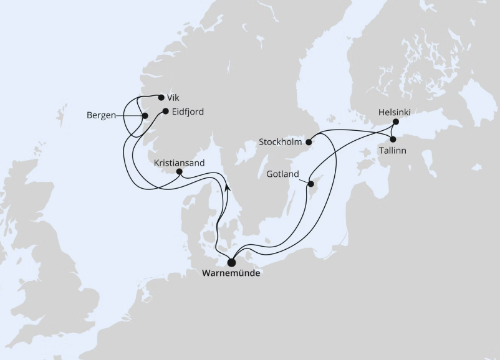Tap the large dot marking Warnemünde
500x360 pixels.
coord(232,262)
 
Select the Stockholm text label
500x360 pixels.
coord(281,143)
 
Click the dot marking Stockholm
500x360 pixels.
coord(309,142)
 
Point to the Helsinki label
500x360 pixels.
coord(394,112)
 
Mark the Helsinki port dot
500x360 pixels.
coord(395,122)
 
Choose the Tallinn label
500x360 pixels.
coord(394,150)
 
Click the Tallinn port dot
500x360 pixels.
coord(393,140)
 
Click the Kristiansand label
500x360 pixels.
coord(179,162)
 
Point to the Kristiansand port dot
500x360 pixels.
coord(180,171)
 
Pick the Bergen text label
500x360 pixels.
coord(101,116)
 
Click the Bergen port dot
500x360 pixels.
coord(145,116)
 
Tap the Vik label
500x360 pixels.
coord(173,97)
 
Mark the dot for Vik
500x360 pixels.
coord(161,97)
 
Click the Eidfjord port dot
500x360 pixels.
coord(165,112)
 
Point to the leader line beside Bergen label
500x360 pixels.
coord(129,116)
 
